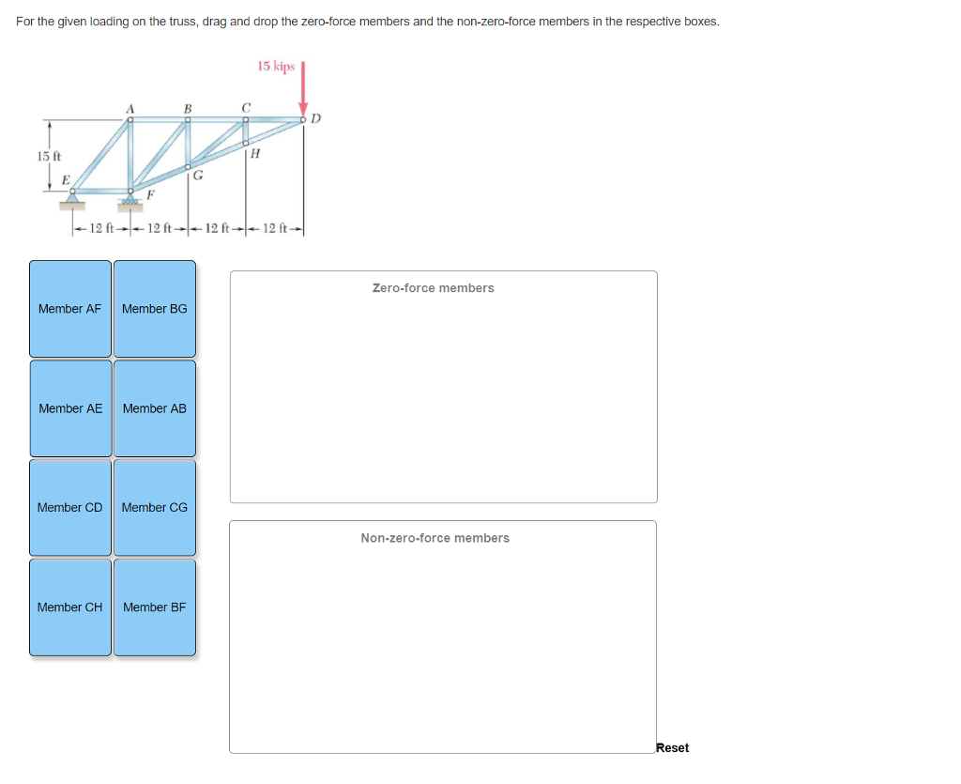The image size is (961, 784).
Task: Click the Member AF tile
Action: pos(70,309)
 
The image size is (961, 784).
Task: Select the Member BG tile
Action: pos(155,309)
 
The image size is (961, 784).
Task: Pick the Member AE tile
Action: pos(70,408)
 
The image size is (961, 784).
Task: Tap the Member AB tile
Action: pos(155,408)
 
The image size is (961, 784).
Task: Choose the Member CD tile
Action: pos(70,508)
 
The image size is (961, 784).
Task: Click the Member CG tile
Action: pos(155,508)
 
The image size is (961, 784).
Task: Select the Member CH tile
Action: pos(70,607)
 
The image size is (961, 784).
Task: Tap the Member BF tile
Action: pos(155,607)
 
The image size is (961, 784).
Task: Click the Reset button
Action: pos(672,748)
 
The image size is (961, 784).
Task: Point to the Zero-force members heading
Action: pos(433,288)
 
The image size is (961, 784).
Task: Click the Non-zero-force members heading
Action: pos(435,538)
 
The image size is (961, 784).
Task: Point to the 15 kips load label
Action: pos(276,67)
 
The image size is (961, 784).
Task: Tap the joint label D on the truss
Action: pos(316,118)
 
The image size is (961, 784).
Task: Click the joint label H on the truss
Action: pos(256,154)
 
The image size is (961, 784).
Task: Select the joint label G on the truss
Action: pos(198,174)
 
